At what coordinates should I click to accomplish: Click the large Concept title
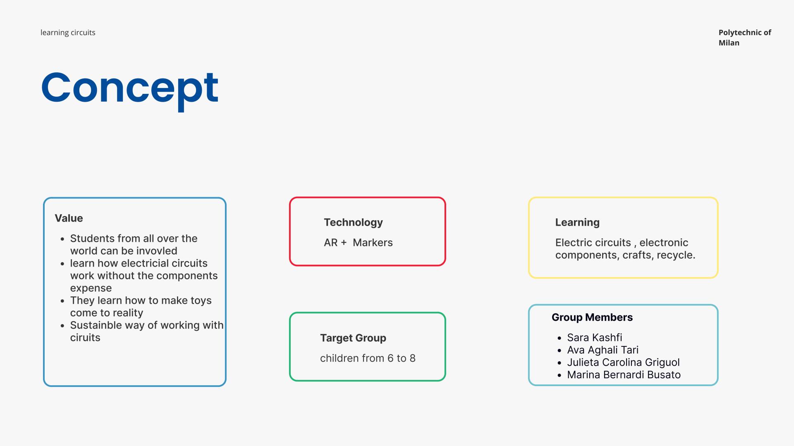(x=129, y=89)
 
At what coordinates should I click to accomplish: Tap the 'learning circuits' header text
(x=68, y=33)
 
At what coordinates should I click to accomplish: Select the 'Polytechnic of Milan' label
(x=745, y=38)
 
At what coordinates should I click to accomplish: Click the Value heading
(x=69, y=218)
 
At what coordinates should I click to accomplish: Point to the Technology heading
(x=353, y=222)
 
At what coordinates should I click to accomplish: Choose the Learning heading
(x=577, y=222)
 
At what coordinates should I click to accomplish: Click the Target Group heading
(x=353, y=338)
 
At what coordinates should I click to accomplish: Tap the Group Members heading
(x=592, y=317)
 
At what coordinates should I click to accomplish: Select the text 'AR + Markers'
(x=358, y=243)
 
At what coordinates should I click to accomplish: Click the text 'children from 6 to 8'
(x=368, y=358)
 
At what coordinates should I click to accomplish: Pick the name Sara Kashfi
(x=595, y=338)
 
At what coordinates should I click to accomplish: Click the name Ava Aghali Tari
(x=603, y=350)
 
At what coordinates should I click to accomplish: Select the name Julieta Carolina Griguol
(x=623, y=363)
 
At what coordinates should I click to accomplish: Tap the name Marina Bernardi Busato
(x=624, y=375)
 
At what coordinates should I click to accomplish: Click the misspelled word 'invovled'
(x=157, y=251)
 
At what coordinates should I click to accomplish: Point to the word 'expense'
(x=91, y=289)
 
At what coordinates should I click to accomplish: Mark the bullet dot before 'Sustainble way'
(x=62, y=326)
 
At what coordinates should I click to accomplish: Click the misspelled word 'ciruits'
(x=85, y=338)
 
